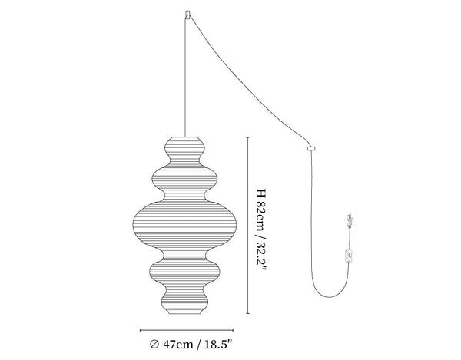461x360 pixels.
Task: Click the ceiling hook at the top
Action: click(x=187, y=14)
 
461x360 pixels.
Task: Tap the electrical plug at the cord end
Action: click(x=349, y=220)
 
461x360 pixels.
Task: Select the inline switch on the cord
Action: click(x=350, y=255)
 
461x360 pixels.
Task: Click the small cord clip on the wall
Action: click(x=311, y=149)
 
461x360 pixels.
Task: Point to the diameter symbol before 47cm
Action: click(x=154, y=344)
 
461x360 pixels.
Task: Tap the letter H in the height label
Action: click(x=260, y=193)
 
